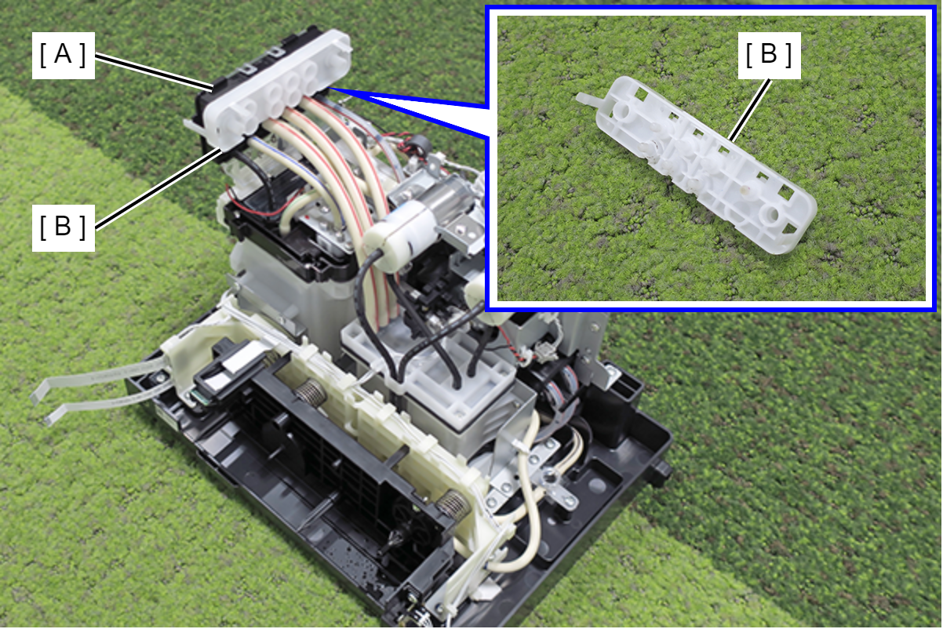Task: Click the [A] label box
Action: click(x=63, y=56)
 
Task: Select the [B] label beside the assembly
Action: click(x=63, y=227)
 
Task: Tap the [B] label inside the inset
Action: click(x=769, y=55)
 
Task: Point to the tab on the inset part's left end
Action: click(x=588, y=100)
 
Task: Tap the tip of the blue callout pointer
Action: click(x=330, y=88)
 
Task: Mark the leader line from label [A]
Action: click(x=154, y=72)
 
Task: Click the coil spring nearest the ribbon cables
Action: click(x=311, y=393)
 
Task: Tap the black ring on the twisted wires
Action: click(x=417, y=146)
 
